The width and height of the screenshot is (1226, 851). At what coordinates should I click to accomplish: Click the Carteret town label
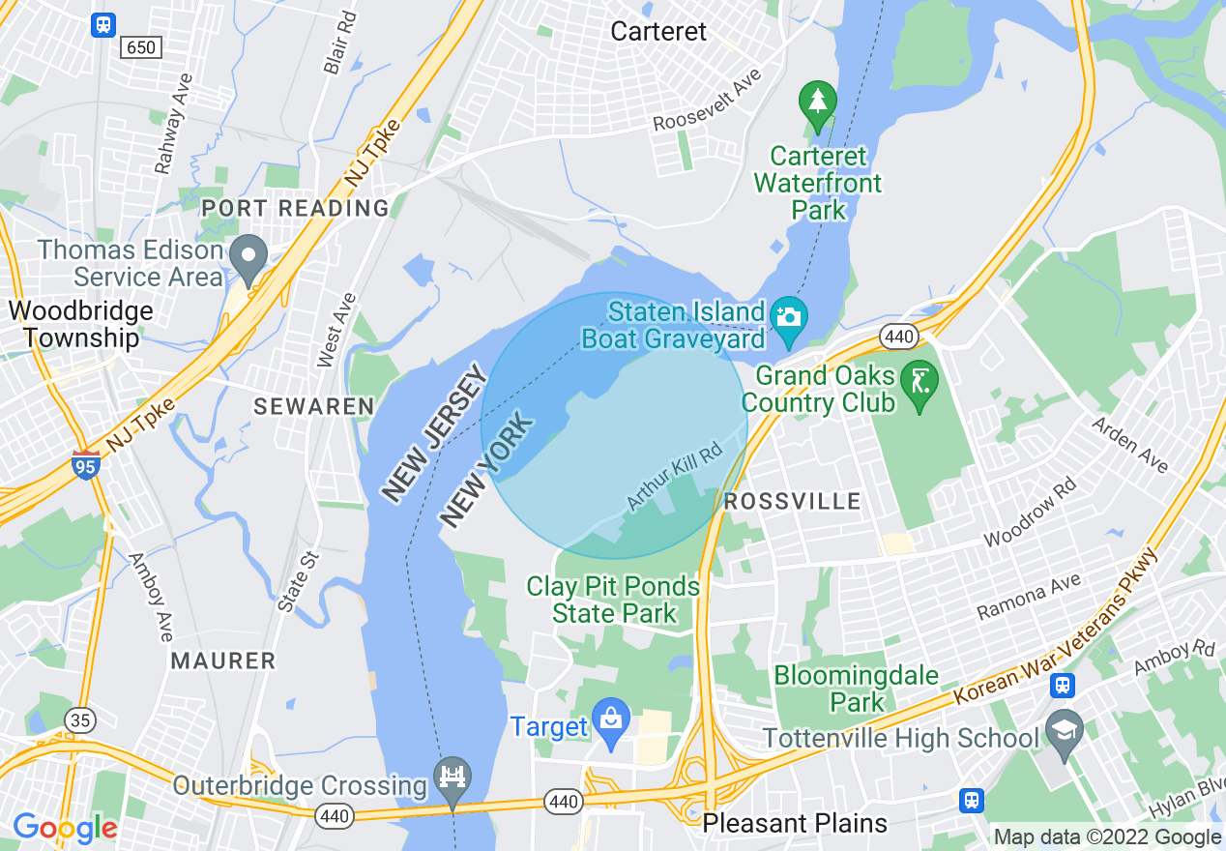pos(658,31)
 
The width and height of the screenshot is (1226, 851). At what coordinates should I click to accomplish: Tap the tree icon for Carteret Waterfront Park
pos(818,101)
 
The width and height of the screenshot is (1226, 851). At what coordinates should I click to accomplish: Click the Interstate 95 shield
pos(85,464)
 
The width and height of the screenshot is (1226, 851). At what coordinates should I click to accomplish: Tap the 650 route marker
pos(141,46)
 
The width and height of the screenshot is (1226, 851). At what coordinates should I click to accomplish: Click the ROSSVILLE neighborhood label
pos(792,501)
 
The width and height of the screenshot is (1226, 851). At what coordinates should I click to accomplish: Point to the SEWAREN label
pos(313,406)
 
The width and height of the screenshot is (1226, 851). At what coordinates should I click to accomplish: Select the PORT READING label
pos(295,208)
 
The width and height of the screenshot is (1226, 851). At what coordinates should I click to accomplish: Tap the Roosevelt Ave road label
pos(707,101)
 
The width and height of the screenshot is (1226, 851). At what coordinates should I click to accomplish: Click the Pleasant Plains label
pos(795,823)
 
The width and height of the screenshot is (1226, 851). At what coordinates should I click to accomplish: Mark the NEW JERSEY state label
pos(432,433)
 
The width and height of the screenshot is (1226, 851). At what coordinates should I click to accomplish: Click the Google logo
pos(65,828)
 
